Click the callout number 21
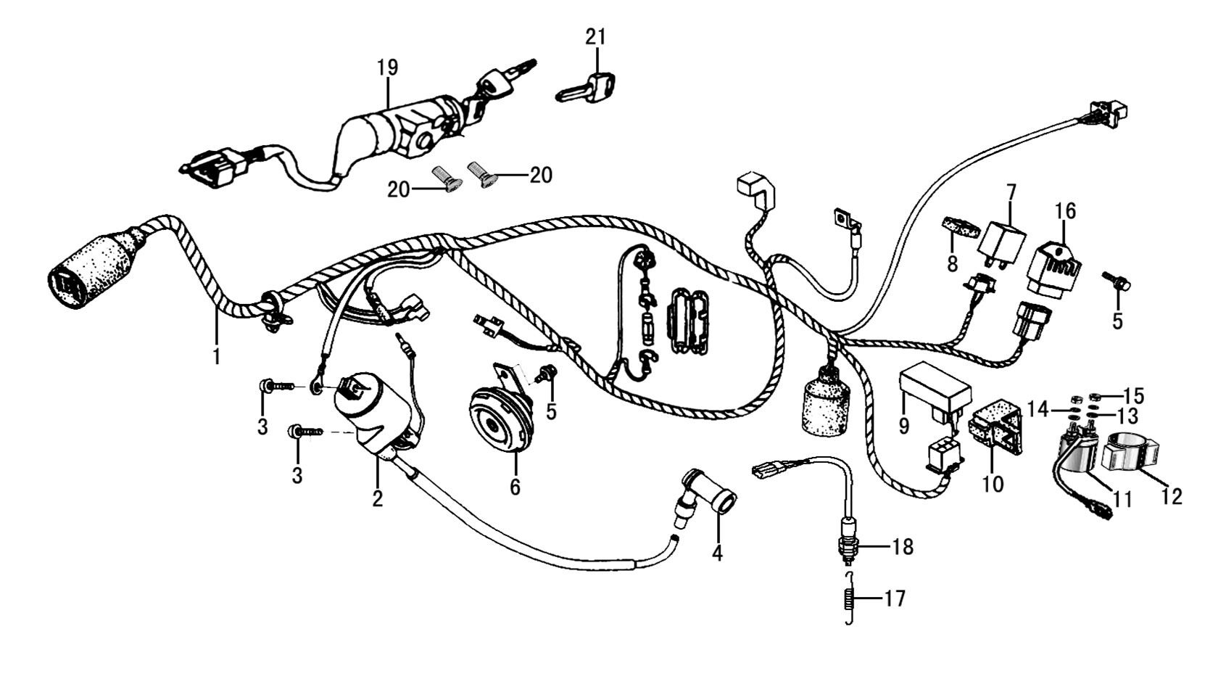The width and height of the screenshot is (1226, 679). (x=596, y=36)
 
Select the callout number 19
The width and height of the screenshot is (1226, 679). (x=388, y=67)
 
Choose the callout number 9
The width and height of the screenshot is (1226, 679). (x=903, y=425)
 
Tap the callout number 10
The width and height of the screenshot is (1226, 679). (x=993, y=483)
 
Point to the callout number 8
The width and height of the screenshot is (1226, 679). (x=952, y=263)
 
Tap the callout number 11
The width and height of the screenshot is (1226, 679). (x=1122, y=499)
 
